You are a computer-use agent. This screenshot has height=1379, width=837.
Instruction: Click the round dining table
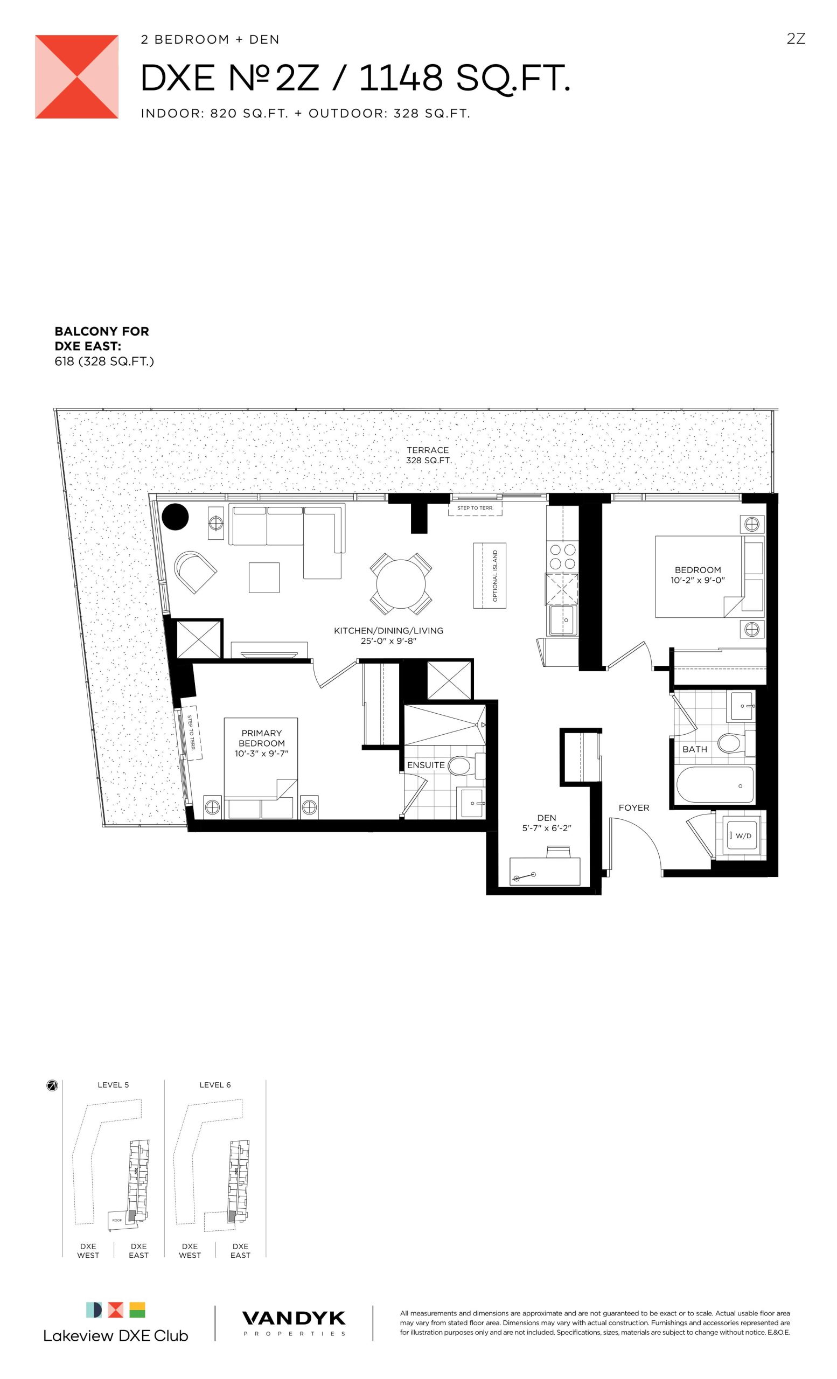(401, 584)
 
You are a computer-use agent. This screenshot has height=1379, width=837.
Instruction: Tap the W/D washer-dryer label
(744, 835)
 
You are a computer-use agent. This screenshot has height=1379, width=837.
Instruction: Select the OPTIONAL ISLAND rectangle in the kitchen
(490, 575)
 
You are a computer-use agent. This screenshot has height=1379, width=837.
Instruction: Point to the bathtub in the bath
(715, 785)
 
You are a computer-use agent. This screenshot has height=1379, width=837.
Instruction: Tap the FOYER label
(634, 807)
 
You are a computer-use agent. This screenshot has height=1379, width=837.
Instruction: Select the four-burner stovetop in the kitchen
(562, 556)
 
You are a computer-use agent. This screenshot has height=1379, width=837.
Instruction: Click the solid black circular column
(175, 517)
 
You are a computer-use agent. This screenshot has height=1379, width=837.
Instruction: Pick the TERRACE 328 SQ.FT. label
(429, 455)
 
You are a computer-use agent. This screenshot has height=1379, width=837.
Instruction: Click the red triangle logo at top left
(76, 76)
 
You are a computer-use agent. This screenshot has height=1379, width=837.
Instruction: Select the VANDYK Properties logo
(294, 1323)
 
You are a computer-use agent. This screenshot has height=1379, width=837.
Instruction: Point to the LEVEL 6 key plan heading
(215, 1085)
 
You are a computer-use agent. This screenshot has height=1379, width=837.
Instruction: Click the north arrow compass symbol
(52, 1086)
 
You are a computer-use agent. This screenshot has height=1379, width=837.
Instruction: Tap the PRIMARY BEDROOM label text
(262, 738)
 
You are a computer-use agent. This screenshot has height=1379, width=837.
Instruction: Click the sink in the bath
(742, 706)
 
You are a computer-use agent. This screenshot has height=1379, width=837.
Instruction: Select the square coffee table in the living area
(264, 577)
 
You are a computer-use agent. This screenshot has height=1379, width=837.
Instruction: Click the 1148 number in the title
(401, 78)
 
